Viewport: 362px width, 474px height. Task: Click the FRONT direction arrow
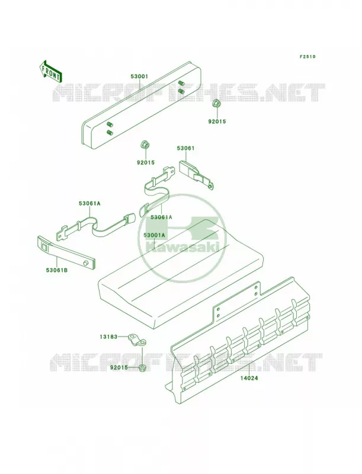51,71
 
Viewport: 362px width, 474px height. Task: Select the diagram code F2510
307,56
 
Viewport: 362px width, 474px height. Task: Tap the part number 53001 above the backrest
139,76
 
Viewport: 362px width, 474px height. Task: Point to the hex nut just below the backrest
144,145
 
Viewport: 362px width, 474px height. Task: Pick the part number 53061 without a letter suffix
185,148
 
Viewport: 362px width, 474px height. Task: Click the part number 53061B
57,270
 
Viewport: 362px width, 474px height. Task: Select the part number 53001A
155,235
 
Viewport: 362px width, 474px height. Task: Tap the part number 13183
108,337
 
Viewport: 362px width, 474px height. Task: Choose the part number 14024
249,378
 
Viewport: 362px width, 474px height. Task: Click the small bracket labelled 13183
137,341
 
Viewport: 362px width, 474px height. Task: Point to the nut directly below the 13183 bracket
142,368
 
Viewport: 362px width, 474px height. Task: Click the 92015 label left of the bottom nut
118,367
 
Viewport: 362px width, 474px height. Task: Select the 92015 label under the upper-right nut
217,121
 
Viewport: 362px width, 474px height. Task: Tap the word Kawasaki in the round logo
182,248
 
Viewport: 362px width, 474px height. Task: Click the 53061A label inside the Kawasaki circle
161,217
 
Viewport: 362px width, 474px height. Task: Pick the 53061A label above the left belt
89,203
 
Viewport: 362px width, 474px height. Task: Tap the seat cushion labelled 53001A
181,274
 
